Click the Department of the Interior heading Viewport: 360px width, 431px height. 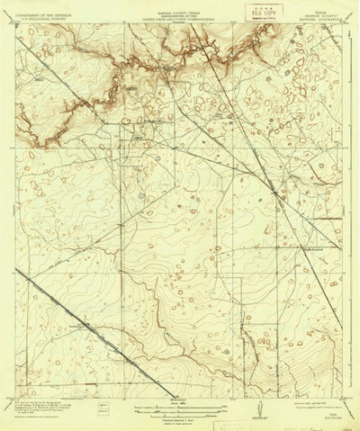tap(46, 12)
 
